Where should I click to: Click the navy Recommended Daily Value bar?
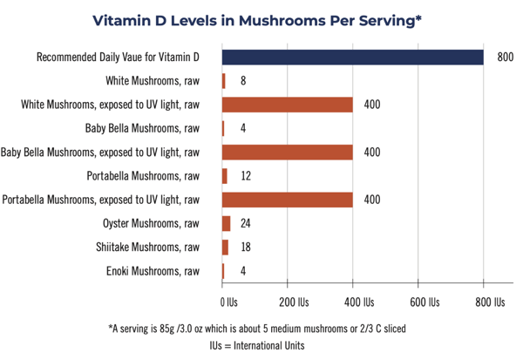(352, 57)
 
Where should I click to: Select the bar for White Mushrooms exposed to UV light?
(287, 105)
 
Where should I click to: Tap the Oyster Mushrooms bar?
(226, 223)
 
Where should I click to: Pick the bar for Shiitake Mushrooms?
(225, 248)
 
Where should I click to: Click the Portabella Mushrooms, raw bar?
(225, 176)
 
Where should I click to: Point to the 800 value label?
(506, 57)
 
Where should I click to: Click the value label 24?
(246, 223)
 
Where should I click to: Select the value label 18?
(246, 247)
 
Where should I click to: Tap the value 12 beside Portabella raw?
(246, 176)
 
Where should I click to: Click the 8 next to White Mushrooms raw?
(243, 81)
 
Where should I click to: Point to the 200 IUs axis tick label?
(294, 302)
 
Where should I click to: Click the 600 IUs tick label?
(425, 302)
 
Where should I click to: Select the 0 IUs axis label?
(228, 302)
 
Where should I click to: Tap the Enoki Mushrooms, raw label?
(153, 271)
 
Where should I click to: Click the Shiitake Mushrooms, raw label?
(147, 248)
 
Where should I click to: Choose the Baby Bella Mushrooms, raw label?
(142, 128)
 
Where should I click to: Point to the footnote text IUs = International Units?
(257, 346)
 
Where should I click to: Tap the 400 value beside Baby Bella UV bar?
(372, 153)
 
